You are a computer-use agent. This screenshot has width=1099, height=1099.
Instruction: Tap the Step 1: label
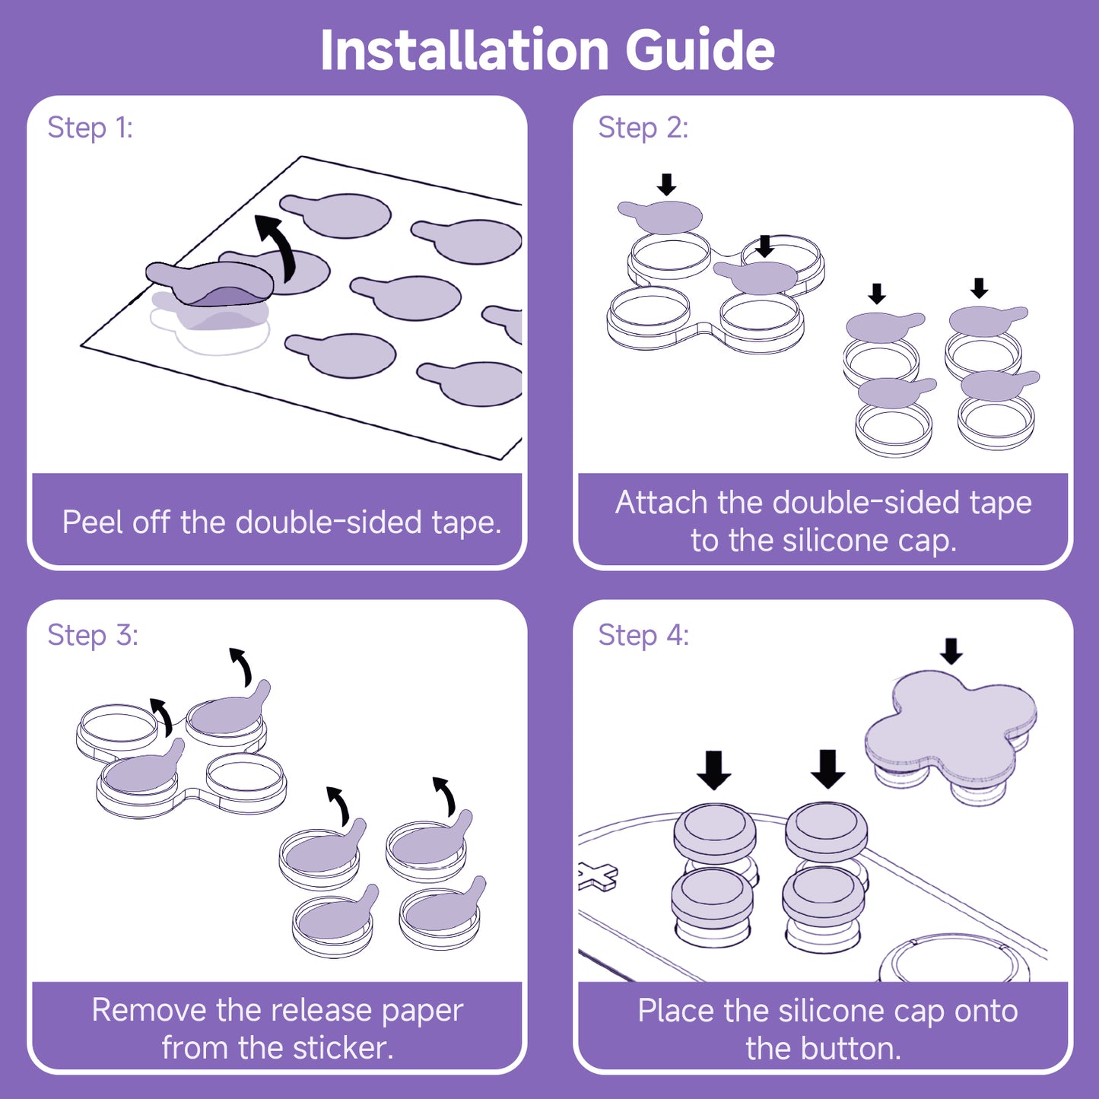(90, 128)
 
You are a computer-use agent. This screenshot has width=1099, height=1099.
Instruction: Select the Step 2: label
(643, 128)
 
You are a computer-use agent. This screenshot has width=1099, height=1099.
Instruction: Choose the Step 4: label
(643, 635)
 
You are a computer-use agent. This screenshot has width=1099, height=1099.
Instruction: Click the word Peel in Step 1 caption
(89, 523)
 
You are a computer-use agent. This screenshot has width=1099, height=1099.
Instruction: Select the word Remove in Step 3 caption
(149, 1010)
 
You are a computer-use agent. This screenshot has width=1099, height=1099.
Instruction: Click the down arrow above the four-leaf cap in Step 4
(951, 651)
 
